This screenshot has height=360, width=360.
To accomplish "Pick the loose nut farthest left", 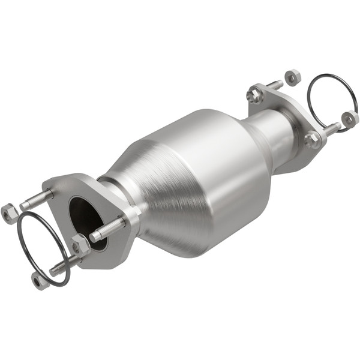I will tap(9, 213).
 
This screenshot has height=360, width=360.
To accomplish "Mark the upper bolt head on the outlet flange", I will tap(254, 95).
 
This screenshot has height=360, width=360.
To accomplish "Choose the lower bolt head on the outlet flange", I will tap(312, 140).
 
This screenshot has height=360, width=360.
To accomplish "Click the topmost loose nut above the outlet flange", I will tap(292, 77).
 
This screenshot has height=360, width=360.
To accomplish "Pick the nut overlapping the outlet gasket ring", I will tap(350, 119).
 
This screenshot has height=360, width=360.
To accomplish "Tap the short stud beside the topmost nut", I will tap(274, 85).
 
